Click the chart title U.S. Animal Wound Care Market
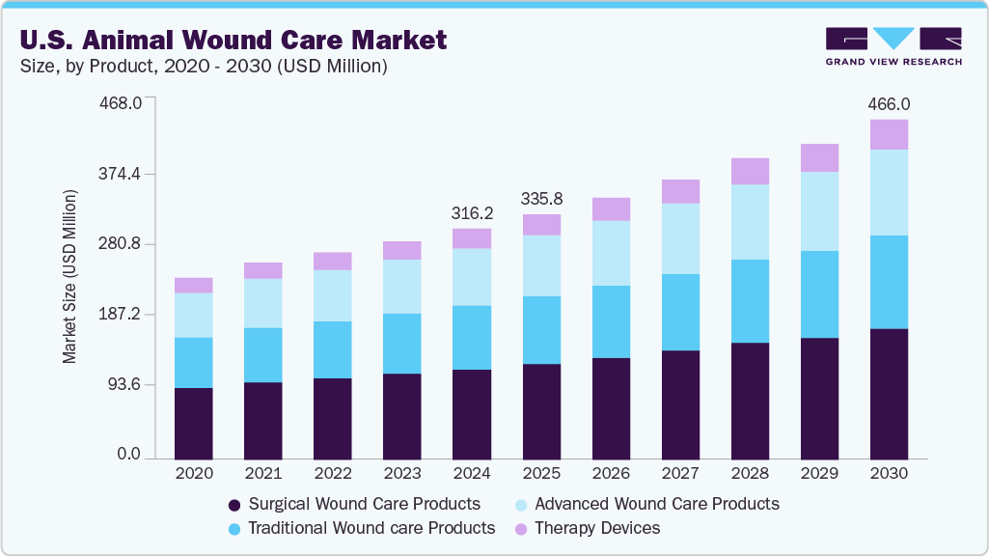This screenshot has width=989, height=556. click(x=231, y=40)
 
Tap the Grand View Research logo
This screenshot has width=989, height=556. click(x=893, y=45)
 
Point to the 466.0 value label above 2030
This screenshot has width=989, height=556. click(x=889, y=103)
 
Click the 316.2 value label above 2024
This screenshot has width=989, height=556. click(x=472, y=212)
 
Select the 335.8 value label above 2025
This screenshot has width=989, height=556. click(x=541, y=199)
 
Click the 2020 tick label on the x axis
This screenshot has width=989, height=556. click(x=193, y=474)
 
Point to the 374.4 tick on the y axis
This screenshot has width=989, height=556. click(x=122, y=174)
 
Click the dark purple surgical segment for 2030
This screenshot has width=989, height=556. click(x=889, y=394)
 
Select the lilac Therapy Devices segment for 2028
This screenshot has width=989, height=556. click(x=750, y=171)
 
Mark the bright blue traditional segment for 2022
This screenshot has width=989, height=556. click(x=333, y=349)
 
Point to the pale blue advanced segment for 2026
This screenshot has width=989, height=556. click(x=611, y=253)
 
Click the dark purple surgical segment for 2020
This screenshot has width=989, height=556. click(x=193, y=423)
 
